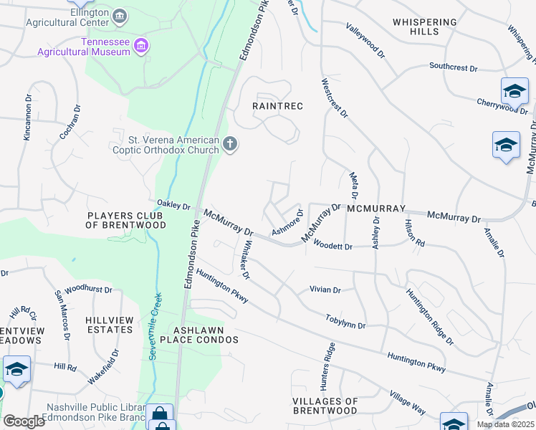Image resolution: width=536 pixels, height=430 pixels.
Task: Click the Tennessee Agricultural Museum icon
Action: tap(142, 47)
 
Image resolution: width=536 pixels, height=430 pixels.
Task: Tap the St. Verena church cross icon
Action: tap(230, 145)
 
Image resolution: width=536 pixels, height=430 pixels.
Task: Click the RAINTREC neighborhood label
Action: tap(278, 106)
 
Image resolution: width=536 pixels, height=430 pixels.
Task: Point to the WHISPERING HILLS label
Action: tap(425, 27)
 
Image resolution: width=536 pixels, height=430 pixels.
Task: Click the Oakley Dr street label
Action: tap(174, 206)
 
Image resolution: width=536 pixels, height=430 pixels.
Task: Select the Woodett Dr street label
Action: tap(334, 247)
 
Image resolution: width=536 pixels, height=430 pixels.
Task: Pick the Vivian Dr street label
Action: tap(325, 290)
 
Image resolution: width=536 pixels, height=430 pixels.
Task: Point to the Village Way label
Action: tap(407, 403)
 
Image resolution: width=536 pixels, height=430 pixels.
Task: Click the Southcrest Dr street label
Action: tap(453, 67)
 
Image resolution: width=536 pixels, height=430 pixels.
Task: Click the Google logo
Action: tap(24, 421)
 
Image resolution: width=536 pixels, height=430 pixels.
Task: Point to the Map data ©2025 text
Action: tap(504, 424)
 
